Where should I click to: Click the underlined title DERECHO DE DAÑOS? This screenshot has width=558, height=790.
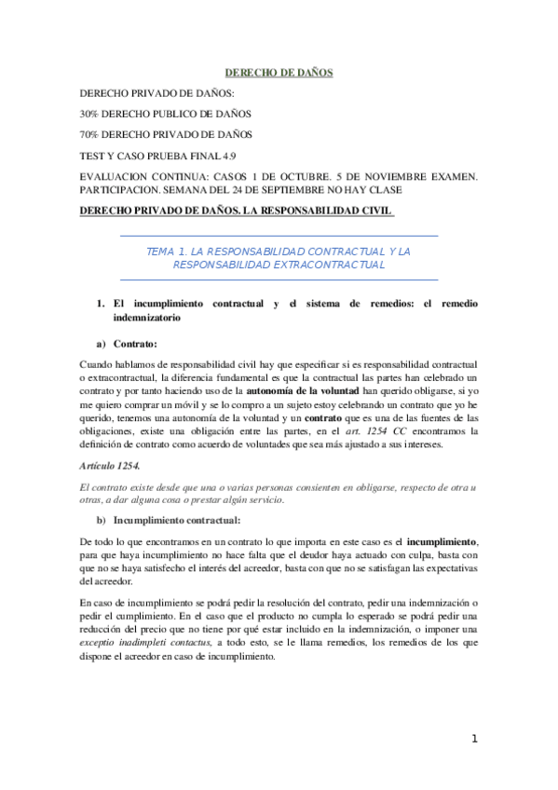tap(279, 72)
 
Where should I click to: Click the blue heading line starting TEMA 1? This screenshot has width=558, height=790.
tap(279, 252)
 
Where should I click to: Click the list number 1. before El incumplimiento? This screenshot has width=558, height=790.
tap(102, 305)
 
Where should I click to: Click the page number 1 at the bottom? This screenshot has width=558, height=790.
tap(475, 740)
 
